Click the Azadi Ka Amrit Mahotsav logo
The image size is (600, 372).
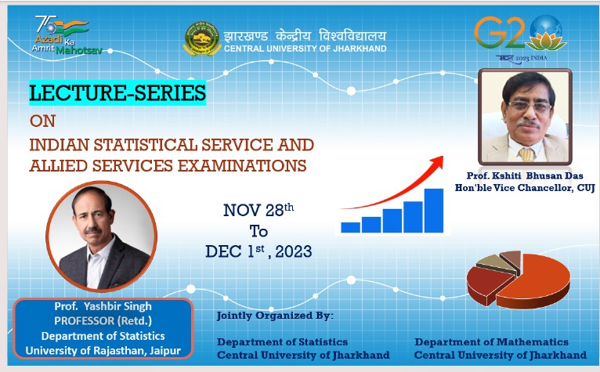(67, 35)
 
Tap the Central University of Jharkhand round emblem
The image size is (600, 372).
(202, 38)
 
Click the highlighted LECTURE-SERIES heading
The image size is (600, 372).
(117, 92)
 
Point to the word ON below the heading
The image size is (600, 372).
(43, 121)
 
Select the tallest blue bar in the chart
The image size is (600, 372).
(433, 211)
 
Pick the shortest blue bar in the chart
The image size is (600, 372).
(350, 227)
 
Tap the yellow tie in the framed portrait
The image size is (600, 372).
(526, 154)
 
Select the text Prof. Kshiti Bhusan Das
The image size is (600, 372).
(525, 175)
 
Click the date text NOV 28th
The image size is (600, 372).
(258, 210)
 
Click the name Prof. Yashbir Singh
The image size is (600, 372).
(103, 306)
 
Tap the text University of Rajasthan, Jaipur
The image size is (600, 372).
(103, 351)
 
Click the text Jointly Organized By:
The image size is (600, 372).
(275, 316)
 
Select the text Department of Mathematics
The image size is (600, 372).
(491, 341)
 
